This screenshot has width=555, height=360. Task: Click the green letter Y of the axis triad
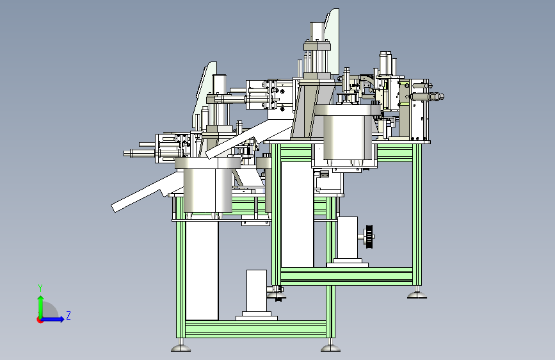[40, 288]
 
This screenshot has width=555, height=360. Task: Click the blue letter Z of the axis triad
[68, 315]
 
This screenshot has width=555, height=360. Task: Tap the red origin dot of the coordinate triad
[40, 320]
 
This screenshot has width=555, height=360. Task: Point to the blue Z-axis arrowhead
[61, 319]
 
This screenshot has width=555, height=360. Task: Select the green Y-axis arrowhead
[41, 299]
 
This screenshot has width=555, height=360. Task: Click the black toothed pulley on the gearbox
[369, 236]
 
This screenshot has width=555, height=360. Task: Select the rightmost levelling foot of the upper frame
[417, 294]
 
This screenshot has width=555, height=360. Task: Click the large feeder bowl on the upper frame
[348, 135]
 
